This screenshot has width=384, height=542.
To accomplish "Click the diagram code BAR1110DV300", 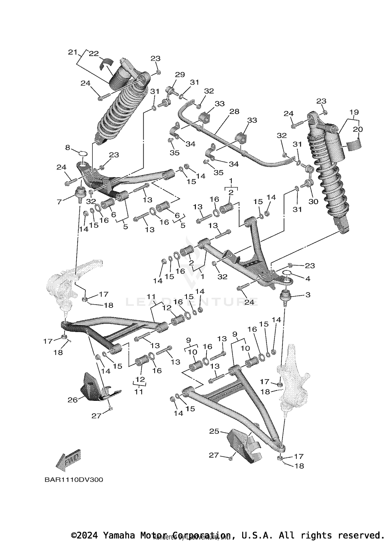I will click(74, 480).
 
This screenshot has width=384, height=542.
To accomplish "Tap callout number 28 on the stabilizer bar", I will click(234, 111).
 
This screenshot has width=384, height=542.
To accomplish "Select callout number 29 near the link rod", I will click(180, 75).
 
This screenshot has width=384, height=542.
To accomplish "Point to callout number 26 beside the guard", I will click(72, 400).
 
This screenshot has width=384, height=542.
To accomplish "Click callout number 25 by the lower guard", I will click(214, 431).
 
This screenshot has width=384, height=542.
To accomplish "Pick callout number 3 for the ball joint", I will click(308, 295).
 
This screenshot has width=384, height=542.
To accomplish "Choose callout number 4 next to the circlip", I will click(308, 278).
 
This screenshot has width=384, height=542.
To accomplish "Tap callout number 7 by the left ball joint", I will click(59, 202).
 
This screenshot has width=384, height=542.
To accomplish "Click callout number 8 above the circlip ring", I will click(68, 148).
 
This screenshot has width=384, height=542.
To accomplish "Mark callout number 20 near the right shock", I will click(358, 129).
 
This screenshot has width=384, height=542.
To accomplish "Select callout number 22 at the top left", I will click(94, 54).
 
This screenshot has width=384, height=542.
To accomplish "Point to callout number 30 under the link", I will click(313, 201).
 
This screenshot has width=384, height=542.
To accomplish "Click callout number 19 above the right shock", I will click(354, 112).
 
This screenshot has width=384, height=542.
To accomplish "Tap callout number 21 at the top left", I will click(73, 52).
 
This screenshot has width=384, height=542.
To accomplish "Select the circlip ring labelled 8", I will click(82, 154).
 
